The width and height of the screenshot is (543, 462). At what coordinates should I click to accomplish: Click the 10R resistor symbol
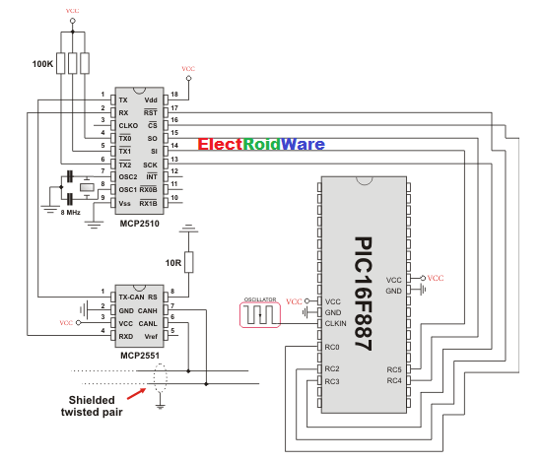click(x=187, y=261)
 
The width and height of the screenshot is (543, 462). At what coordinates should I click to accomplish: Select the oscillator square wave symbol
click(x=260, y=315)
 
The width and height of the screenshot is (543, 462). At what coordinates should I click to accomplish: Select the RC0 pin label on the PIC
click(x=332, y=347)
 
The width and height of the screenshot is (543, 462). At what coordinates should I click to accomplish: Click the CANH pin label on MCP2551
click(x=148, y=308)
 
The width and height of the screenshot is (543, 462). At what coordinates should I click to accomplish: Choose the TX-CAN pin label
click(x=132, y=295)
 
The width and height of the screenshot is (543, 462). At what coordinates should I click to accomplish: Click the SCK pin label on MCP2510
click(x=150, y=164)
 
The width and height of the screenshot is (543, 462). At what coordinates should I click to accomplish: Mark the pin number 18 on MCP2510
click(x=173, y=96)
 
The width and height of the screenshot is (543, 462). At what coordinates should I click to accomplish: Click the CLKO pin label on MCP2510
click(x=128, y=126)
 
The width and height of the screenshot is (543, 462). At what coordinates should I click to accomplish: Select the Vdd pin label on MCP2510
click(x=150, y=100)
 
